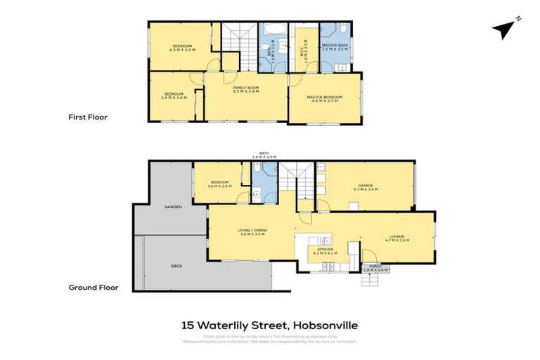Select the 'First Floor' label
click(88, 117)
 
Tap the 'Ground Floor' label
click(93, 287)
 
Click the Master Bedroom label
click(325, 98)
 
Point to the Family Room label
click(246, 89)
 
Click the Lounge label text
click(398, 238)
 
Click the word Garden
click(173, 207)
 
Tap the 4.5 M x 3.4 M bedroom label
click(182, 48)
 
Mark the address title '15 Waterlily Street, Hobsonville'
click(270, 325)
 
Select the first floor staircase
click(239, 39)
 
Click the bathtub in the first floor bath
click(271, 30)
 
